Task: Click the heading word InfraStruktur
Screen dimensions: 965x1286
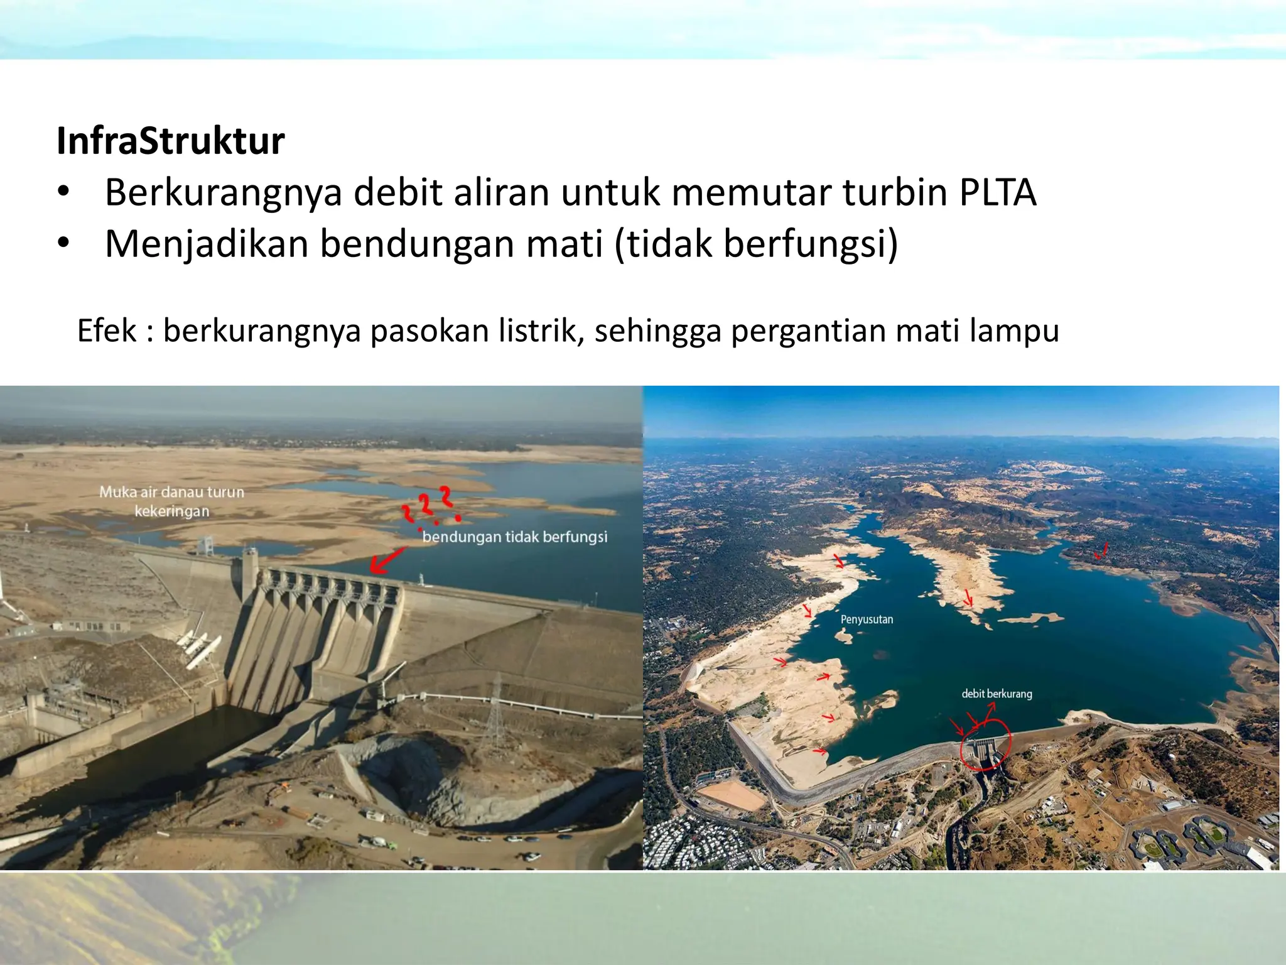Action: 170,141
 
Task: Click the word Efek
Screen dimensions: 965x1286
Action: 107,330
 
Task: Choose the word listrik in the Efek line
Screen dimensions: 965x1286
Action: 541,330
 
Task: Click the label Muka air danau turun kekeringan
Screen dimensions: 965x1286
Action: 171,501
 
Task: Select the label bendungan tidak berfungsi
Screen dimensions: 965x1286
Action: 515,537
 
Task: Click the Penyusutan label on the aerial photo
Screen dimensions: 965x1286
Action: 867,619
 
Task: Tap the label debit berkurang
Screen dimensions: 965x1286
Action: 997,694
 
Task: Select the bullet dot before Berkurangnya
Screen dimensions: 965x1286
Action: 63,192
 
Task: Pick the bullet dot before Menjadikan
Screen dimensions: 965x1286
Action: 63,244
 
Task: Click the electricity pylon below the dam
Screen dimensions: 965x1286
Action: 496,704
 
